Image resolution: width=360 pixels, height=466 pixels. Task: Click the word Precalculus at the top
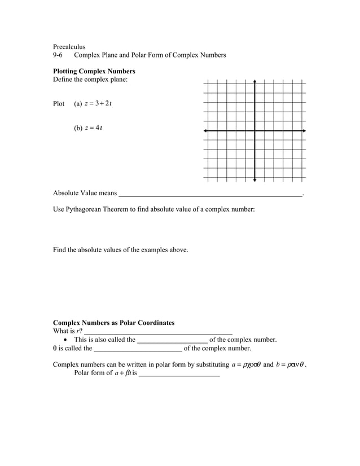(69, 46)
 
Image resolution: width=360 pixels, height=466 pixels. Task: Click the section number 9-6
(58, 55)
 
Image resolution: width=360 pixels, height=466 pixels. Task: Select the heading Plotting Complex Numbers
(94, 72)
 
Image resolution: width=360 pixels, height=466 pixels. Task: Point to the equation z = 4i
(93, 128)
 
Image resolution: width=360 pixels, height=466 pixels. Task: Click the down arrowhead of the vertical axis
(255, 180)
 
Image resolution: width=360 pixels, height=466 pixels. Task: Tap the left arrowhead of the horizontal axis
(205, 131)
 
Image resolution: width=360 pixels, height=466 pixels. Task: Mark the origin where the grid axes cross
(255, 131)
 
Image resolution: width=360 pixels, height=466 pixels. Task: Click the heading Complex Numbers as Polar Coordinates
(113, 323)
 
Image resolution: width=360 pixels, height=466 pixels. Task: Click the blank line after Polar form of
(179, 375)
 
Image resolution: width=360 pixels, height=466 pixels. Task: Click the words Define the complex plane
(90, 80)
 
